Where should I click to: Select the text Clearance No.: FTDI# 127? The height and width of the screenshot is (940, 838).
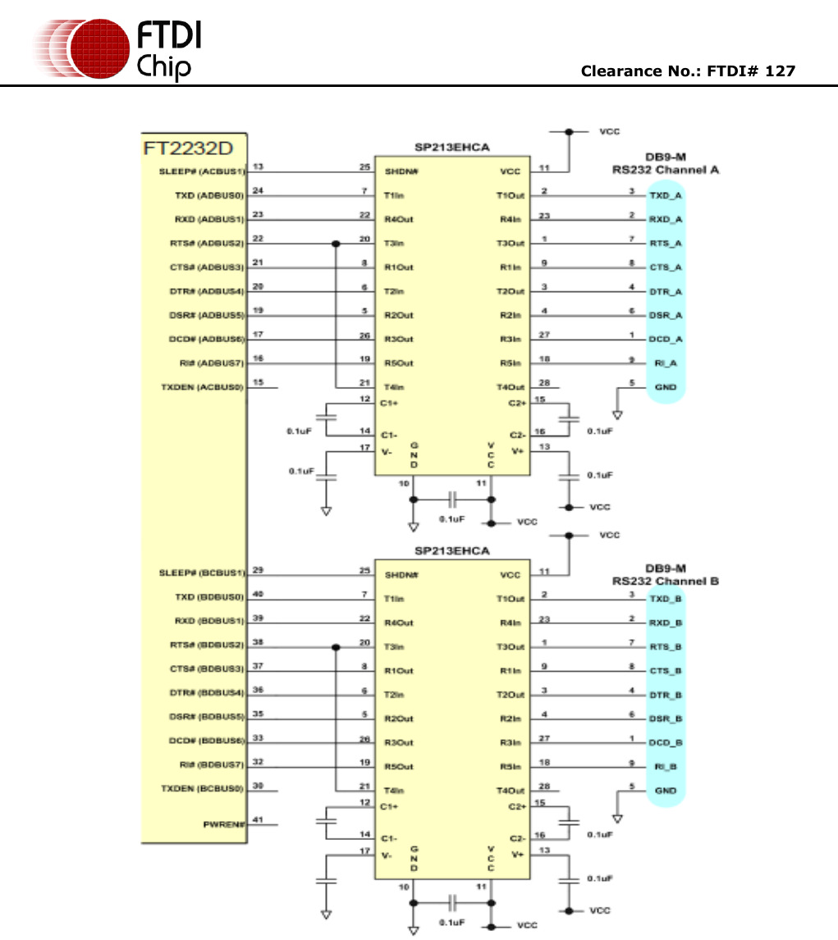click(688, 71)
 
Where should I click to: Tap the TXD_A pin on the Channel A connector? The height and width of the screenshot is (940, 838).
click(666, 196)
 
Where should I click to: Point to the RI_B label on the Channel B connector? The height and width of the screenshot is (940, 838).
click(666, 767)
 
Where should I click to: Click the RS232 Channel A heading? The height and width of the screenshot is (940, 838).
click(666, 170)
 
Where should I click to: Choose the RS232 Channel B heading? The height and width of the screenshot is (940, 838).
click(666, 581)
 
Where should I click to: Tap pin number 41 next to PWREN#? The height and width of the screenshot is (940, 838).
click(258, 819)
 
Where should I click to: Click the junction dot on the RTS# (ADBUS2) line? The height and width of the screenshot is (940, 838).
click(336, 244)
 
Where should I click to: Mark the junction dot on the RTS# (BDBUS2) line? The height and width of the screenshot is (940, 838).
click(336, 647)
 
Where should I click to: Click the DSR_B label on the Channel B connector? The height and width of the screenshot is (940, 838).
click(666, 719)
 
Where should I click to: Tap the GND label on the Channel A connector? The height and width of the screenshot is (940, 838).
click(666, 387)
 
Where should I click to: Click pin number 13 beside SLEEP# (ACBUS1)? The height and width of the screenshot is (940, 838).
click(258, 167)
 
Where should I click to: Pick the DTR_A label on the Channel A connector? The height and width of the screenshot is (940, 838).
click(666, 291)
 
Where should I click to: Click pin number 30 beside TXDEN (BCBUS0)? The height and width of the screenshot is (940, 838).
click(258, 785)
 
